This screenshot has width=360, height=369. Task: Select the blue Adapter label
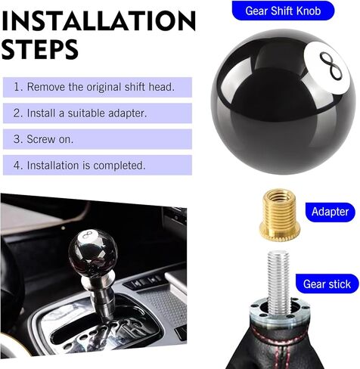(x=330, y=211)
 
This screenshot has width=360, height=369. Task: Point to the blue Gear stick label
(x=327, y=284)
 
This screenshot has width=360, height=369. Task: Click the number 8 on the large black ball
(x=326, y=67)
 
